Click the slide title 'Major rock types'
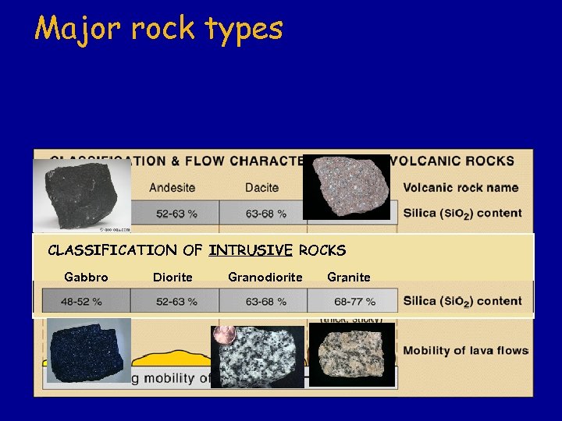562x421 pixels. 158,29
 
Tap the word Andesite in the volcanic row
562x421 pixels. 172,187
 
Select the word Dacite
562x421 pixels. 261,187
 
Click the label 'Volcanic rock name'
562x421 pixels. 461,187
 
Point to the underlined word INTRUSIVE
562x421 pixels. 251,250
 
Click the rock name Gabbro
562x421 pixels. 86,277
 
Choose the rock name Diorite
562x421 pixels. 173,277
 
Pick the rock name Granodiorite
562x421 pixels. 265,277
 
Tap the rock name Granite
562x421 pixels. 349,277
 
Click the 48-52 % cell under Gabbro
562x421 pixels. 86,301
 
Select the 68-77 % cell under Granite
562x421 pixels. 354,301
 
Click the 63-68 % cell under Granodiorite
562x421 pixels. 265,301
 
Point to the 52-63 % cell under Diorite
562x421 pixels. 176,301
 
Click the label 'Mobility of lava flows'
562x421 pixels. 465,351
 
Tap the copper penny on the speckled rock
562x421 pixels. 225,334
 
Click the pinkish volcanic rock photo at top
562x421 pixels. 346,187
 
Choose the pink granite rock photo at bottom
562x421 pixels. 352,355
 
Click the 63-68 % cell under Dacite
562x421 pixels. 265,213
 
